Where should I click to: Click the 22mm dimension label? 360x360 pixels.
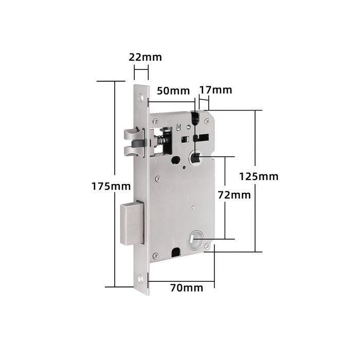pos(145,57)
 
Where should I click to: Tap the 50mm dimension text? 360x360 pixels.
pos(173,91)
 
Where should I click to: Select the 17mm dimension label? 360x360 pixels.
pos(215,91)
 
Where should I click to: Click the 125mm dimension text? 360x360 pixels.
pos(259,176)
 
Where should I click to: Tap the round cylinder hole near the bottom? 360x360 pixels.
pos(195,240)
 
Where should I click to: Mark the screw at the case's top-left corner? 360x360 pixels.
pos(155,121)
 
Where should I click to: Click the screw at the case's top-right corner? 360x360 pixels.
pos(206,121)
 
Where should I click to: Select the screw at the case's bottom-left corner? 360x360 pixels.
pos(157,255)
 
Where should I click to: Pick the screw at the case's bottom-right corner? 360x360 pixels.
pos(207,246)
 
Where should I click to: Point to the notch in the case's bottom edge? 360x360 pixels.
pos(175,253)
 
